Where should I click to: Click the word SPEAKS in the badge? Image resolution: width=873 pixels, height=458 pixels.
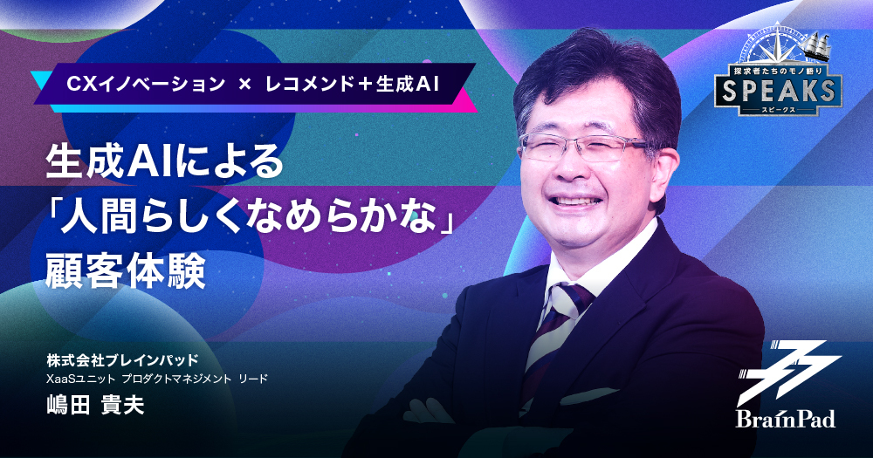coord(779,91)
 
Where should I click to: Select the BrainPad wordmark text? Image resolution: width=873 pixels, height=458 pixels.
coord(786,418)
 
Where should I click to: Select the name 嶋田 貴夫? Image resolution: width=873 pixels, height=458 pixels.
coord(95,406)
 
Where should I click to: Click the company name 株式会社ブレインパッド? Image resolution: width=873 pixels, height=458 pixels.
coord(122,361)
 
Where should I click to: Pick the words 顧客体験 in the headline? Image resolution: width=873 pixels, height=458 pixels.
coord(126,271)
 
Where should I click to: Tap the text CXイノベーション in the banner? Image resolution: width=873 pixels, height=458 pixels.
coord(146,84)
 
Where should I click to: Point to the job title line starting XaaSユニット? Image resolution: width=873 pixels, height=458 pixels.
coord(157,379)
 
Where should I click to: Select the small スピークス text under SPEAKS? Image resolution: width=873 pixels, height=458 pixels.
coord(779,110)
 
